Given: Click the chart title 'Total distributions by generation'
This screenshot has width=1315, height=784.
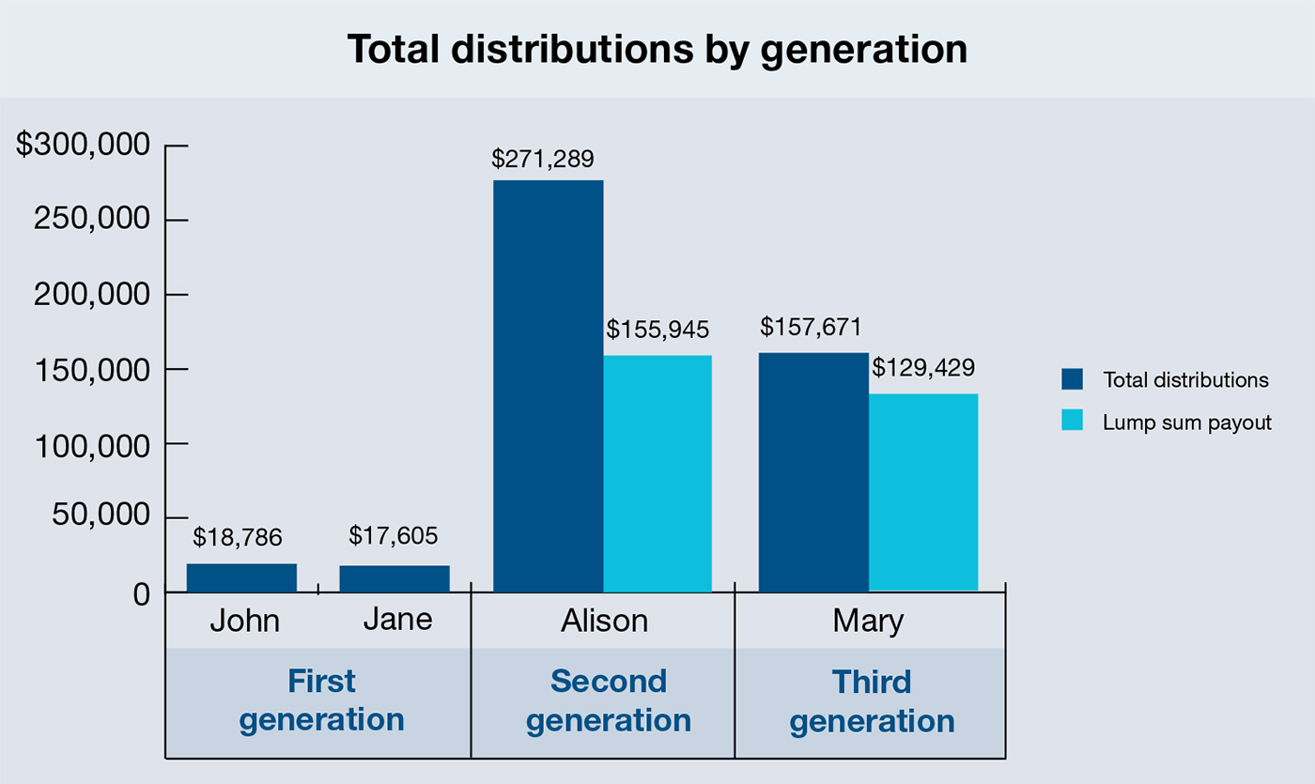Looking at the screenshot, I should point(657,50).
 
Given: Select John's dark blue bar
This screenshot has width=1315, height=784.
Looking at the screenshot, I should point(241,577).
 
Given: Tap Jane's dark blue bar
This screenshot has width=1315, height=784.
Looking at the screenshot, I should point(394,578).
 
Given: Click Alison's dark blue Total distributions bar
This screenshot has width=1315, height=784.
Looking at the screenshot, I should point(548,385).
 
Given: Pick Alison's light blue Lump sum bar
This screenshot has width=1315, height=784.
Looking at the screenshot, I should point(657,473).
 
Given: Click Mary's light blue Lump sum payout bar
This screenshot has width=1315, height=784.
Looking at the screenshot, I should point(923,492).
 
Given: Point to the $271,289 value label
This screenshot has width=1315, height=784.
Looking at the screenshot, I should point(543,159).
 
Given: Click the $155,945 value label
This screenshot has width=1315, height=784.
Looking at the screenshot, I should point(657,330).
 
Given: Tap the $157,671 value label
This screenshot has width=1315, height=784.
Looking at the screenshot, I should point(812,327).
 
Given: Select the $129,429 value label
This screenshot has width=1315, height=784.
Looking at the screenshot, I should point(922,367).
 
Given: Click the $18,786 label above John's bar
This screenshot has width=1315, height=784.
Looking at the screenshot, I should point(238,537).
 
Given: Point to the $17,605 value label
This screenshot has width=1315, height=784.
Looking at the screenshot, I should point(393,536).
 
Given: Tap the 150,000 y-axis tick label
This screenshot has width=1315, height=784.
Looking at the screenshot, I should point(92,369).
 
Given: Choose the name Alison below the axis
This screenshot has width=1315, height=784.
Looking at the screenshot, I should point(604,621).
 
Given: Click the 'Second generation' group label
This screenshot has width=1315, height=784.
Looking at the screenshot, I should point(608,700).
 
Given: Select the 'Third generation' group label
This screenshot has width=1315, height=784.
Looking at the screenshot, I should point(872,700).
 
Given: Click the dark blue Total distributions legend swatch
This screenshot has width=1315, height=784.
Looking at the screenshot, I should point(1072,379).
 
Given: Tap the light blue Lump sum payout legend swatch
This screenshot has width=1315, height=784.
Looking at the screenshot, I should point(1072,422).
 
